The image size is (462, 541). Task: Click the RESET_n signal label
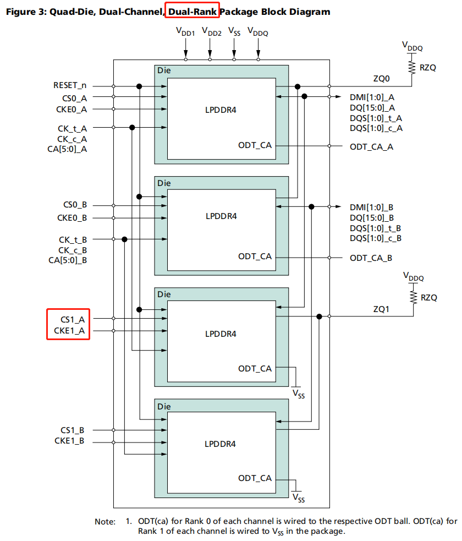coord(70,86)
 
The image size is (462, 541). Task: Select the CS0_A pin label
coord(75,98)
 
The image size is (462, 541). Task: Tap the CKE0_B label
coord(73,217)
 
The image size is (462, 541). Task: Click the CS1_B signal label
coord(74,430)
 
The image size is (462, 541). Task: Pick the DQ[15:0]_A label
coord(372,108)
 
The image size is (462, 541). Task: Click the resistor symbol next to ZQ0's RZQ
coord(410,67)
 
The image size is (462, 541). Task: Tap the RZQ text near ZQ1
coord(429,297)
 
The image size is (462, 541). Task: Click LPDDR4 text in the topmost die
coord(221,109)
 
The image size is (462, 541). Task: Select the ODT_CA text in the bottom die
coord(255,478)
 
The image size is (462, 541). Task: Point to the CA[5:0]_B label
coord(68,260)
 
